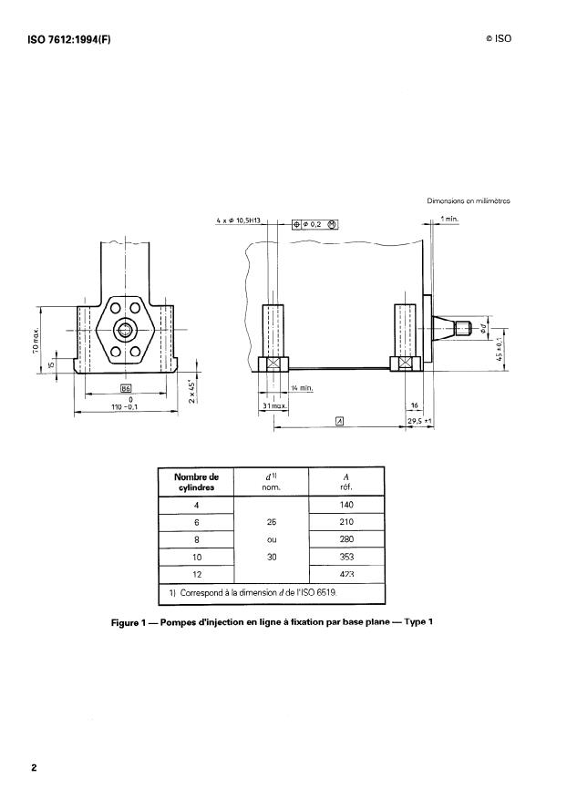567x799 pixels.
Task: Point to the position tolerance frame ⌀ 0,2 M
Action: click(314, 224)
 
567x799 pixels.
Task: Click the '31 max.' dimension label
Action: click(273, 405)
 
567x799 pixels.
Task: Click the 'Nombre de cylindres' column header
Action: click(197, 481)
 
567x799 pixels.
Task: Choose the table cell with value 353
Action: click(346, 556)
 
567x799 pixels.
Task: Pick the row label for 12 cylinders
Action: click(197, 574)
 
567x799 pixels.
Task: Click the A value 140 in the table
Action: click(346, 505)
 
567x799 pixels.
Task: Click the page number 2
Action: click(34, 767)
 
